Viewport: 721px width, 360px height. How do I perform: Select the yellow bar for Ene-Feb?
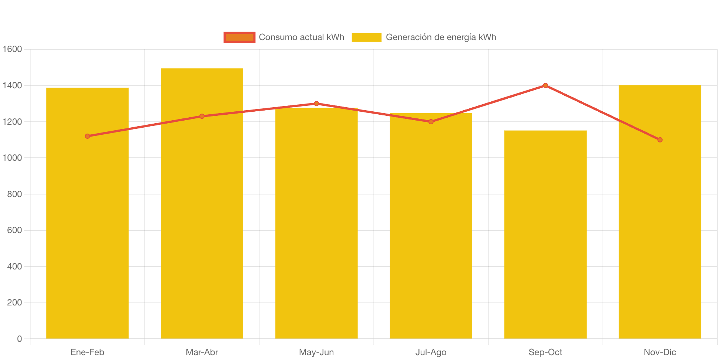click(87, 223)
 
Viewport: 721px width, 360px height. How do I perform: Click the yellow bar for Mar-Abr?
click(202, 223)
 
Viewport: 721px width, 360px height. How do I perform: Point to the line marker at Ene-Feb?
click(87, 136)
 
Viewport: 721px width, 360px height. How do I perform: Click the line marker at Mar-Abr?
click(202, 116)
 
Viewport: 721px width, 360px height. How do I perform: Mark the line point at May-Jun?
click(316, 104)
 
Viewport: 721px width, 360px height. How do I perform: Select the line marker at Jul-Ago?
click(431, 122)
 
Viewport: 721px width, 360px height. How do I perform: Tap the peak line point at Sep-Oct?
click(545, 85)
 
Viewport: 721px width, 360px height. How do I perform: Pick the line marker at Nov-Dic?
click(660, 140)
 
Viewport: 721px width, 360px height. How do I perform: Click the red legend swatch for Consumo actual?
click(239, 37)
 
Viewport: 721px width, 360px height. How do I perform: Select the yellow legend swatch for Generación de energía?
click(366, 37)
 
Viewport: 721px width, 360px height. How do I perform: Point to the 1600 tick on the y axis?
click(12, 49)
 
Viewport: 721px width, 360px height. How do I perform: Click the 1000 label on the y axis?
click(12, 158)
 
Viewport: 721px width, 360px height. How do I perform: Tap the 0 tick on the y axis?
click(19, 339)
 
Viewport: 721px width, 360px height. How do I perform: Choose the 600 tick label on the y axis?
click(14, 230)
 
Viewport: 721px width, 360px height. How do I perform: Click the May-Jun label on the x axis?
click(316, 352)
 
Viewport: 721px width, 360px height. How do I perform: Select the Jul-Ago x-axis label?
click(431, 352)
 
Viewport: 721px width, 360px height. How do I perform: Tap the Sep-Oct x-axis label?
click(545, 352)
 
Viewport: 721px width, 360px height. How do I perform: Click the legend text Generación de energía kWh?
click(441, 37)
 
